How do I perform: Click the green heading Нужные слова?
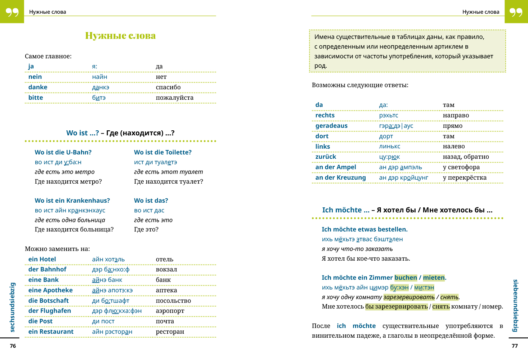(120, 36)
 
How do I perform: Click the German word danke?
(38, 87)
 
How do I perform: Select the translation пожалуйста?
(174, 98)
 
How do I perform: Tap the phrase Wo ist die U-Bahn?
(63, 152)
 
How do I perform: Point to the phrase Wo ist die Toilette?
(162, 152)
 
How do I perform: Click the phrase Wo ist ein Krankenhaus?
(72, 201)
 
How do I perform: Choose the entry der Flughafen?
(50, 311)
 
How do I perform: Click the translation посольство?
(173, 301)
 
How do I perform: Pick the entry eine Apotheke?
(50, 290)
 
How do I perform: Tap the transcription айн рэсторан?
(112, 332)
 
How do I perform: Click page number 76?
(13, 346)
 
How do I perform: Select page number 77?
(515, 346)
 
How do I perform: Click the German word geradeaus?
(331, 126)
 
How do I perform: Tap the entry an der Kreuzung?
(340, 177)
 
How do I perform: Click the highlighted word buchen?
(406, 278)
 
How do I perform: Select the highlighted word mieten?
(434, 278)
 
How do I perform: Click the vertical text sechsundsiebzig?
(13, 307)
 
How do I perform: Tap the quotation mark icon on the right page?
(516, 12)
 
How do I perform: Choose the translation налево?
(453, 146)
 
